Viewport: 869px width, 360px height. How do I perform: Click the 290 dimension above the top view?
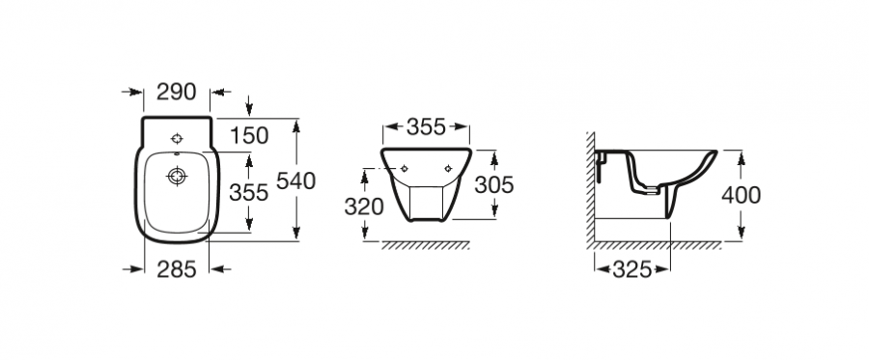click(177, 92)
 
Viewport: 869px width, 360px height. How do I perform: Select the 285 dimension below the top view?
click(177, 269)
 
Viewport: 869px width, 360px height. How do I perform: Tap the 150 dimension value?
click(249, 136)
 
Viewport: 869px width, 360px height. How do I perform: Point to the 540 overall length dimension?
click(295, 181)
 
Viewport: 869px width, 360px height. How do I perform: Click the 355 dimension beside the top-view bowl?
click(249, 193)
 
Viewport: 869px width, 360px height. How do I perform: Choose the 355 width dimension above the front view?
click(426, 126)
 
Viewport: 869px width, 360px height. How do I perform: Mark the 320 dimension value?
click(364, 207)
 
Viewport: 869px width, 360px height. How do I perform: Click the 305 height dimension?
click(493, 185)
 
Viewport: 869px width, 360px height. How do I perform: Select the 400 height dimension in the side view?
click(741, 196)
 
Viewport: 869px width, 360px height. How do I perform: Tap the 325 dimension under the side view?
click(632, 269)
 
